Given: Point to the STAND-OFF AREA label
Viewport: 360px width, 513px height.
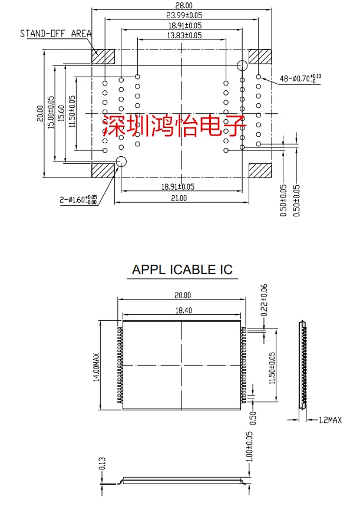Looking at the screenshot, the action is [x=55, y=33].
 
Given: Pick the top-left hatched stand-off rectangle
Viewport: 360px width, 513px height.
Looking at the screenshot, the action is [x=103, y=57].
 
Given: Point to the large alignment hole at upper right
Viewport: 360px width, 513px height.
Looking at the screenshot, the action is [x=242, y=65].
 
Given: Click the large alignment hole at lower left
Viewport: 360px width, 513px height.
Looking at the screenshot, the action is [x=123, y=162].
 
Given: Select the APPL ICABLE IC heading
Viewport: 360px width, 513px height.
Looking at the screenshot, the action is [x=182, y=270].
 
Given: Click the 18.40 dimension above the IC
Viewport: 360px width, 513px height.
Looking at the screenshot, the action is [x=181, y=310].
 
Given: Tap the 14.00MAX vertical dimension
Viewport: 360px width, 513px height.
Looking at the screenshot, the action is [x=97, y=365].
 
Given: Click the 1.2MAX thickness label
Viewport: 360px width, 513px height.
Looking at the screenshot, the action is [x=330, y=420].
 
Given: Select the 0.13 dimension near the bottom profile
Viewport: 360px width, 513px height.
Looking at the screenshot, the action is [x=102, y=463].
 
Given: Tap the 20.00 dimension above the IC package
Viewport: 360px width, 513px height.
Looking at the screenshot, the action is [x=181, y=295].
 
